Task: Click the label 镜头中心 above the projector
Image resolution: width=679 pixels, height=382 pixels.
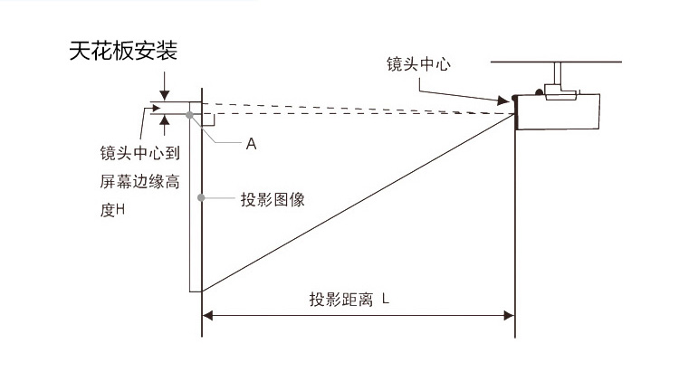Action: (x=418, y=64)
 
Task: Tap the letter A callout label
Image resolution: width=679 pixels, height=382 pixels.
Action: (x=252, y=144)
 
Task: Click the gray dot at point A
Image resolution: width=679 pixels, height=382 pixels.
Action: (x=189, y=115)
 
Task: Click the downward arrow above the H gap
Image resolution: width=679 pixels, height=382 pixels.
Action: (x=164, y=95)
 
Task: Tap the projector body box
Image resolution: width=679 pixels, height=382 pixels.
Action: (x=560, y=110)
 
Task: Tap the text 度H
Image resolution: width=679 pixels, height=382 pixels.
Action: (x=112, y=210)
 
